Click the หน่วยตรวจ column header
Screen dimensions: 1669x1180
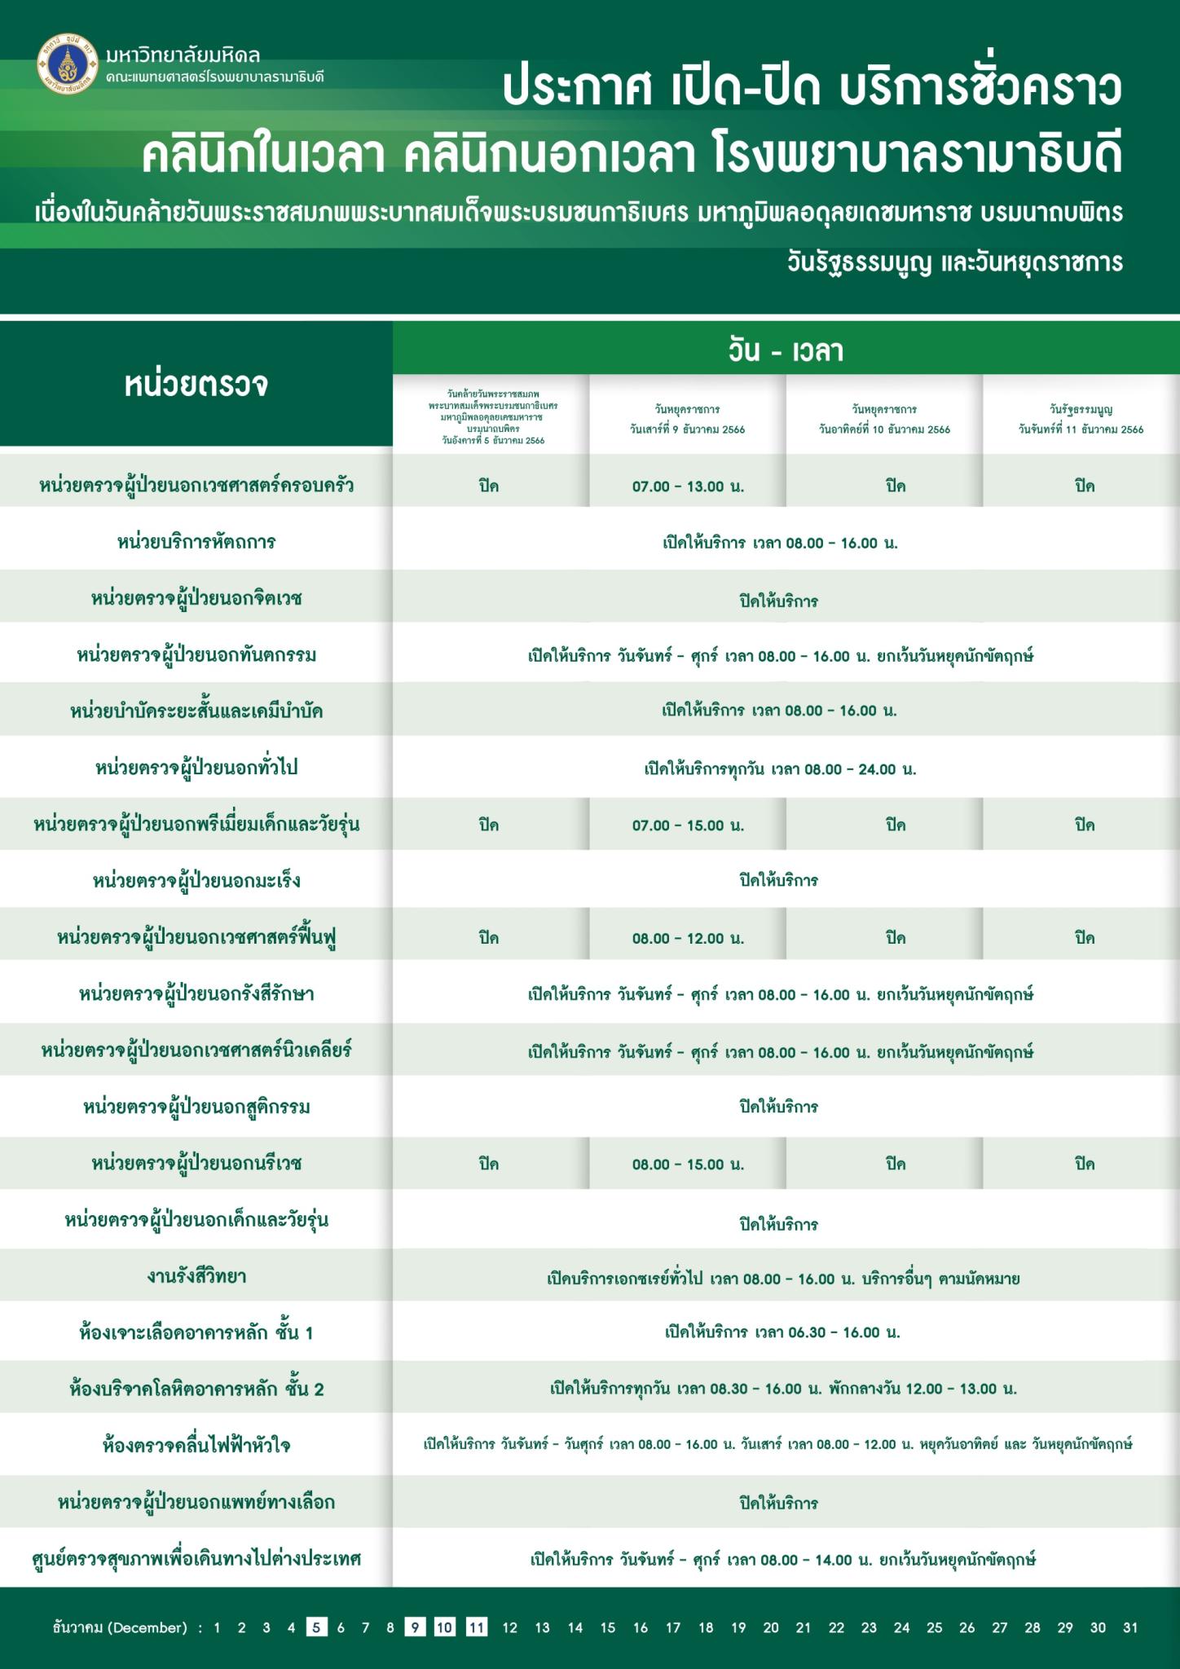[x=196, y=384]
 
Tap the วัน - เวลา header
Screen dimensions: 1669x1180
[x=786, y=351]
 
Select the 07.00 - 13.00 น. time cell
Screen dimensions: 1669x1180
[x=688, y=487]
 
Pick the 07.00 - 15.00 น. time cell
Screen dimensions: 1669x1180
[x=688, y=826]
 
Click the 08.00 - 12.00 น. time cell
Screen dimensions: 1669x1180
[x=688, y=938]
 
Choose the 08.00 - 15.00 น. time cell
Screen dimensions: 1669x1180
[x=688, y=1165]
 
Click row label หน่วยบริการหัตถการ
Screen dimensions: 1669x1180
[x=196, y=542]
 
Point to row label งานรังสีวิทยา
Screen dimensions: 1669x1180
[x=196, y=1276]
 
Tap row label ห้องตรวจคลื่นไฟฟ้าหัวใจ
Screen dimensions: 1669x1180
[x=196, y=1445]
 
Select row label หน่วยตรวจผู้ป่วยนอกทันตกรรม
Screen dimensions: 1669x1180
[x=196, y=654]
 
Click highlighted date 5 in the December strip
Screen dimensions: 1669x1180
[x=316, y=1627]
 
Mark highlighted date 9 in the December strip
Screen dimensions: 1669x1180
[x=415, y=1627]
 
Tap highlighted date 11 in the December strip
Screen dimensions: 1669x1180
[x=477, y=1627]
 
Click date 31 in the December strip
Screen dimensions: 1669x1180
[x=1130, y=1627]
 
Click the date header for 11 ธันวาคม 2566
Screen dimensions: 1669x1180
[x=1081, y=420]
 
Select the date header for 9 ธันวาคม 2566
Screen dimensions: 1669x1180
[x=687, y=420]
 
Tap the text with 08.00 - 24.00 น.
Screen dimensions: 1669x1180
[x=780, y=769]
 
